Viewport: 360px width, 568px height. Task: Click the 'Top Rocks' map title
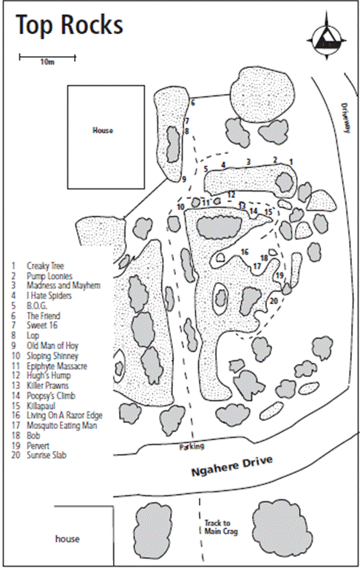[69, 24]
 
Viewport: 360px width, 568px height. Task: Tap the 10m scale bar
[47, 57]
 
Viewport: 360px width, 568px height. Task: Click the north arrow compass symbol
[327, 35]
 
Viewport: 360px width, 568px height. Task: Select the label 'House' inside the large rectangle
[103, 130]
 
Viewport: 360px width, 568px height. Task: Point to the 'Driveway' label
[346, 118]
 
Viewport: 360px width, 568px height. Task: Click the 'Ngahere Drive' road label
[232, 467]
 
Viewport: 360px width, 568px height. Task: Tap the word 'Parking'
[192, 447]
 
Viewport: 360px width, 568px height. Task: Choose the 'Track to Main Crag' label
[221, 527]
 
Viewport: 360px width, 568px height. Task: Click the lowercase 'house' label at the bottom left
[67, 538]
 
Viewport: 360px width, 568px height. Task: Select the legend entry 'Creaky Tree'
[45, 266]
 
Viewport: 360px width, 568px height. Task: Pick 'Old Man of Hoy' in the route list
[52, 345]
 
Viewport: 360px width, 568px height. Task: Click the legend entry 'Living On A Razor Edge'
[64, 416]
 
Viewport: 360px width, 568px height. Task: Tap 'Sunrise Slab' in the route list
[47, 455]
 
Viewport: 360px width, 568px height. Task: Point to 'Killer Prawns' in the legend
[47, 385]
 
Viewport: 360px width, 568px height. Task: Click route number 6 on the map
[193, 103]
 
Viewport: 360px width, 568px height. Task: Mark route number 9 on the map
[184, 179]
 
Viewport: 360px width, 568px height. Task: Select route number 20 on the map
[274, 301]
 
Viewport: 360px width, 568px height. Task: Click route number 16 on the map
[245, 251]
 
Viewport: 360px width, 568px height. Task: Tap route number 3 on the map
[248, 161]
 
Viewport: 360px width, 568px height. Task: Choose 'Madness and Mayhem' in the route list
[64, 285]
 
